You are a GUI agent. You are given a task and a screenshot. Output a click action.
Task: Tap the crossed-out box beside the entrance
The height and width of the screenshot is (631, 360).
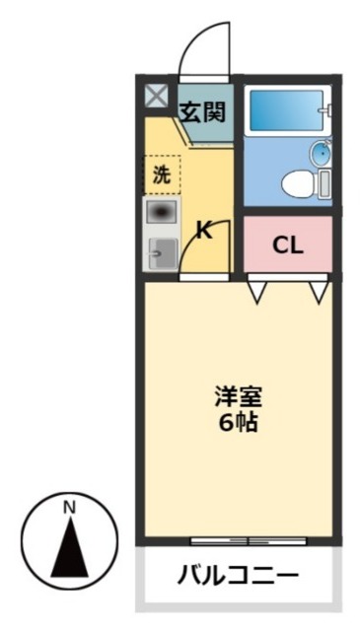(x=157, y=97)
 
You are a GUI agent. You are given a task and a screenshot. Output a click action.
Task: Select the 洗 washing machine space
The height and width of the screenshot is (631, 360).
(x=162, y=175)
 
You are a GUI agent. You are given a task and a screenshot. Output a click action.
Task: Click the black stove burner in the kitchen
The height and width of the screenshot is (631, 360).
(x=163, y=212)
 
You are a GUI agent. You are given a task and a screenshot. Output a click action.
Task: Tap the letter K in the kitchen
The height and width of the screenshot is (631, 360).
(x=203, y=233)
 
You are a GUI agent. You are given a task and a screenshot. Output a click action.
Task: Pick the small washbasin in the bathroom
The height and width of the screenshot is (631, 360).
(x=321, y=154)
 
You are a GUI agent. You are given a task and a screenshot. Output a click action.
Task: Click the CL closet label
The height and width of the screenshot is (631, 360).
(x=287, y=245)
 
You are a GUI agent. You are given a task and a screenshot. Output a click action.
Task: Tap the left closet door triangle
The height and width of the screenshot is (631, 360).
(x=256, y=291)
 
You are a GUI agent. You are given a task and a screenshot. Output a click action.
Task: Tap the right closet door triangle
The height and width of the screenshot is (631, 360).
(x=318, y=291)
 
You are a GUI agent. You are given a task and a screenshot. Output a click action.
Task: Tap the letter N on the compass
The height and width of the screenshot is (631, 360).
(x=69, y=508)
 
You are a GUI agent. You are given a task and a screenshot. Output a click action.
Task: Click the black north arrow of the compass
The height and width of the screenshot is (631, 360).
(x=69, y=547)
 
